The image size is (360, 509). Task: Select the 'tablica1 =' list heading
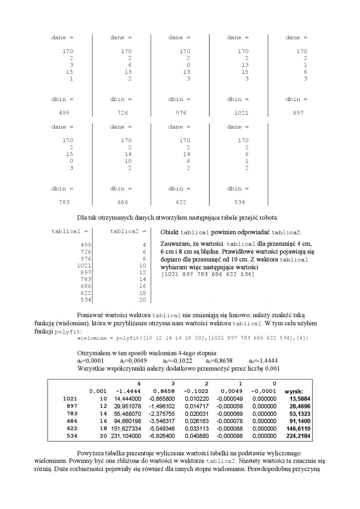click(x=70, y=232)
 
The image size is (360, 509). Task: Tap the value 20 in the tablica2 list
click(x=143, y=300)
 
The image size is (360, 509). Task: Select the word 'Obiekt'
click(x=170, y=232)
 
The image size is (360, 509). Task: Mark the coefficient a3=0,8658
click(x=215, y=361)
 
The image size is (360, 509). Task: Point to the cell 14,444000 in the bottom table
click(x=127, y=399)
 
